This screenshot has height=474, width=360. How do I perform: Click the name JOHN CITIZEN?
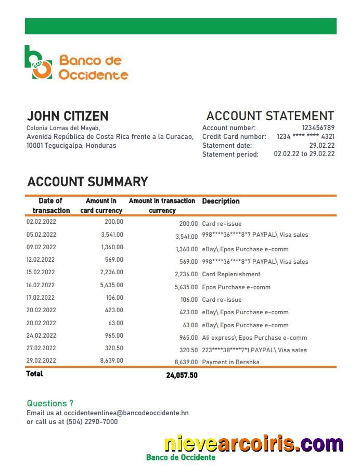(x=68, y=116)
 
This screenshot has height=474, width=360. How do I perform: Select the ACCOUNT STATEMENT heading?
(x=270, y=116)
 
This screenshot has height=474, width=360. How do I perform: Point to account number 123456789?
(x=318, y=128)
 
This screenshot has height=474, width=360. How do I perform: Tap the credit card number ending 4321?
(x=305, y=137)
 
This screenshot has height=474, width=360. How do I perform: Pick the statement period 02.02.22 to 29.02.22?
(x=304, y=154)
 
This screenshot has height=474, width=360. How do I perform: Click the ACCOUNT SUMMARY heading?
(x=87, y=182)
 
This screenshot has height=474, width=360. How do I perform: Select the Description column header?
(x=221, y=201)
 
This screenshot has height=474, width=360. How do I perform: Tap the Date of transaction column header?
(x=51, y=206)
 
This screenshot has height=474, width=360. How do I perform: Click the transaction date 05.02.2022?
(x=41, y=235)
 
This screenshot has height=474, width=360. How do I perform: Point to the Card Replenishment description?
(x=231, y=274)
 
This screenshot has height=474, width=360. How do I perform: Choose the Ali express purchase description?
(x=254, y=338)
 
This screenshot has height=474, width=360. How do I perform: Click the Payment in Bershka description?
(x=230, y=362)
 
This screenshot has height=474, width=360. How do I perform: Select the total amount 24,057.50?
(x=182, y=375)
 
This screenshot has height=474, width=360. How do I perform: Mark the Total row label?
(x=35, y=374)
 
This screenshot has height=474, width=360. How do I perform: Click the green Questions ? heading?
(x=50, y=403)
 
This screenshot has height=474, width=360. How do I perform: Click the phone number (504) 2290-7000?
(x=92, y=421)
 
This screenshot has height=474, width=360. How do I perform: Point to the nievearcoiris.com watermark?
(x=253, y=443)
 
